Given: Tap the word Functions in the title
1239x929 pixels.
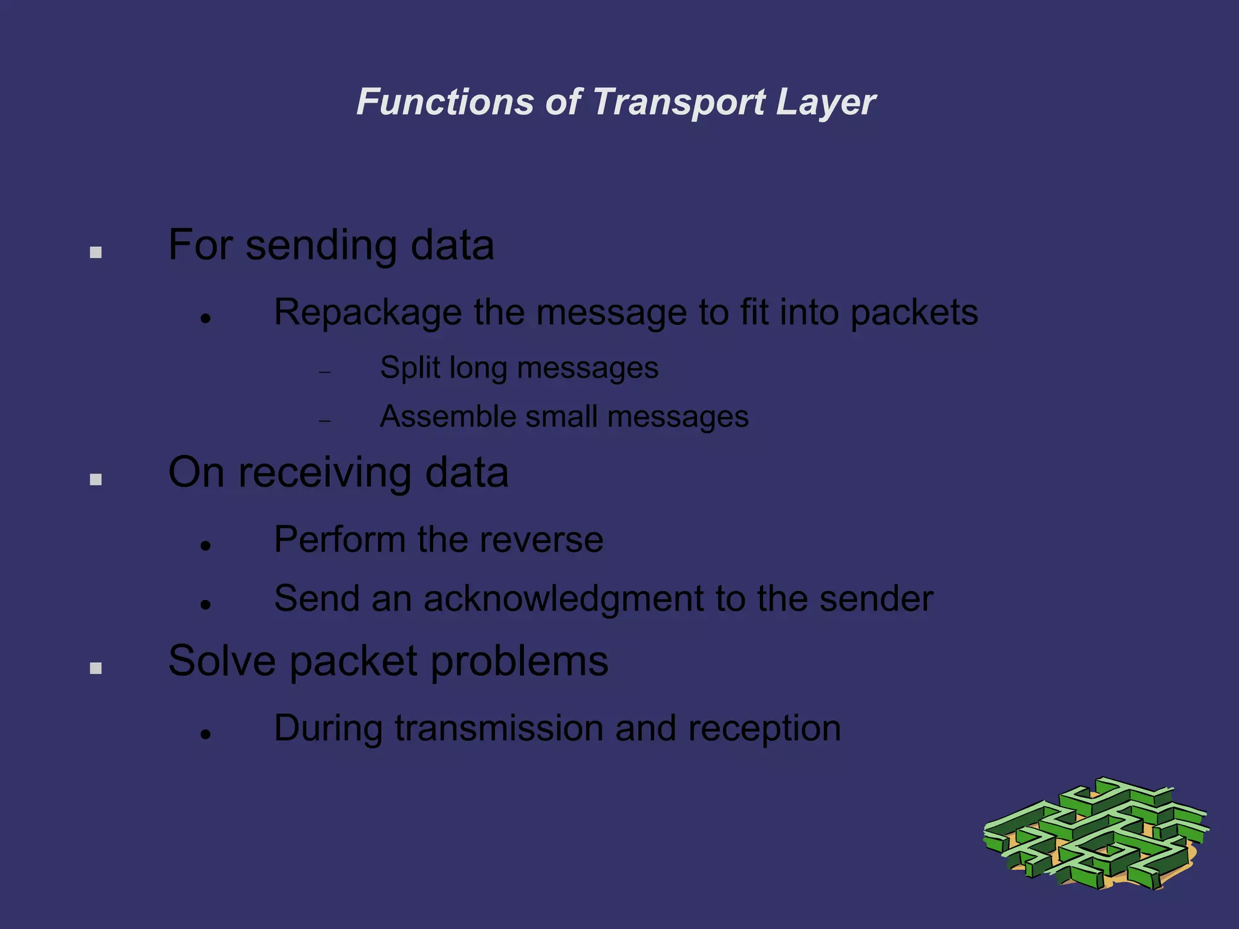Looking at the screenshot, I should [x=445, y=102].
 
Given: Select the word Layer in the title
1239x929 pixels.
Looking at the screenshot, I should [x=825, y=102].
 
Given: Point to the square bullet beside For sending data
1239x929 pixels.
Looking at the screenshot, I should [x=96, y=252].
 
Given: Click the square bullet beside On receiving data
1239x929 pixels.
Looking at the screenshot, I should [x=96, y=480].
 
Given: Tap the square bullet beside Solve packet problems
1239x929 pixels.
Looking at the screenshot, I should [x=96, y=668].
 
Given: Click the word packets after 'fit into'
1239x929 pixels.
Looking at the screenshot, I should [x=914, y=313].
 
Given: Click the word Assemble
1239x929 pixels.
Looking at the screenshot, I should [x=448, y=417].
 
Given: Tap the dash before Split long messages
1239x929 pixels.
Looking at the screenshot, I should [x=325, y=372].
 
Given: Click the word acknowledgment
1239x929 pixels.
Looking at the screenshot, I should [x=563, y=599].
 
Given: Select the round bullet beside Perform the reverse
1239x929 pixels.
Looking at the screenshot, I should [x=206, y=546].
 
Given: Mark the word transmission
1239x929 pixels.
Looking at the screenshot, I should [x=499, y=728].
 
